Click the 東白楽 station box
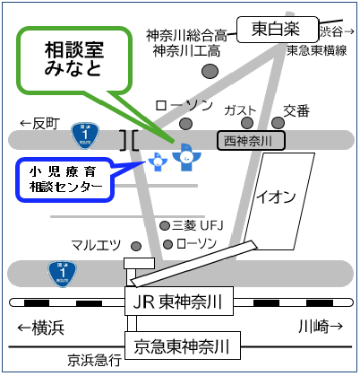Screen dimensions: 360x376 tap(278, 30)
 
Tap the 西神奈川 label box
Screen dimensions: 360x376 tap(251, 140)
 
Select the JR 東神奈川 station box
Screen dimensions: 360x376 tap(179, 301)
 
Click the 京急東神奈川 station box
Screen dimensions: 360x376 tap(183, 345)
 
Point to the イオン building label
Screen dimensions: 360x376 tap(276, 197)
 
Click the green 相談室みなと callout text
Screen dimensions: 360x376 tap(74, 59)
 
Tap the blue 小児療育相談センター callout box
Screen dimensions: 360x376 tap(64, 179)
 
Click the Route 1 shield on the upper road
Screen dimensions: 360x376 tap(85, 136)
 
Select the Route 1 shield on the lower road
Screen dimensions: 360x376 tap(63, 274)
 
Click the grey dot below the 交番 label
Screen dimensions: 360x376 tap(278, 123)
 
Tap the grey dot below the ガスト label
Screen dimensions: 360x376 tap(247, 123)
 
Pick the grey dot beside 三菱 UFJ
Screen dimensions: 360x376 tap(165, 226)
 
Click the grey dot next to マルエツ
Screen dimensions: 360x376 tap(136, 246)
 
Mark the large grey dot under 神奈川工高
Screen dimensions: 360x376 tap(210, 72)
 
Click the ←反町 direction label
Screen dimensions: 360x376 tap(40, 124)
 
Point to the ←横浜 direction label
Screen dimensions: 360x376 tap(41, 328)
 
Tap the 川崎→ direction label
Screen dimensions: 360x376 tap(321, 327)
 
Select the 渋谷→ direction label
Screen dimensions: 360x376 tap(337, 31)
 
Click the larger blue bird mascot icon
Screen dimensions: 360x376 tap(186, 157)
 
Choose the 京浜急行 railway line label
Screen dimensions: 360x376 tap(94, 360)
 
